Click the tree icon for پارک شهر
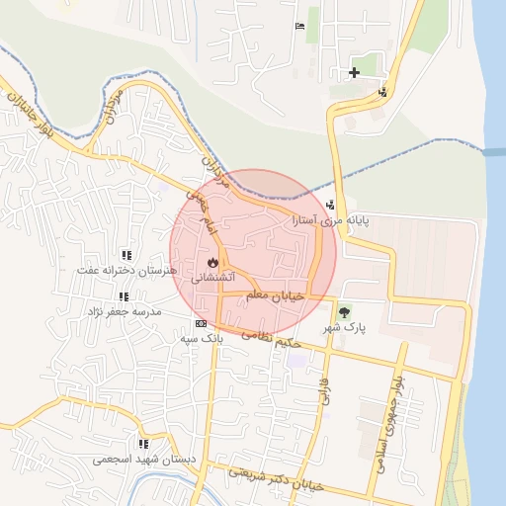344,311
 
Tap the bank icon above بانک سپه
202,323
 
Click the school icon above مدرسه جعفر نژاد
124,296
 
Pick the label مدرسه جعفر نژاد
124,311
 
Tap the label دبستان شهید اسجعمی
144,460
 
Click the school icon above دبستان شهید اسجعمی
144,444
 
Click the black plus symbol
354,72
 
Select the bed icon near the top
299,26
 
